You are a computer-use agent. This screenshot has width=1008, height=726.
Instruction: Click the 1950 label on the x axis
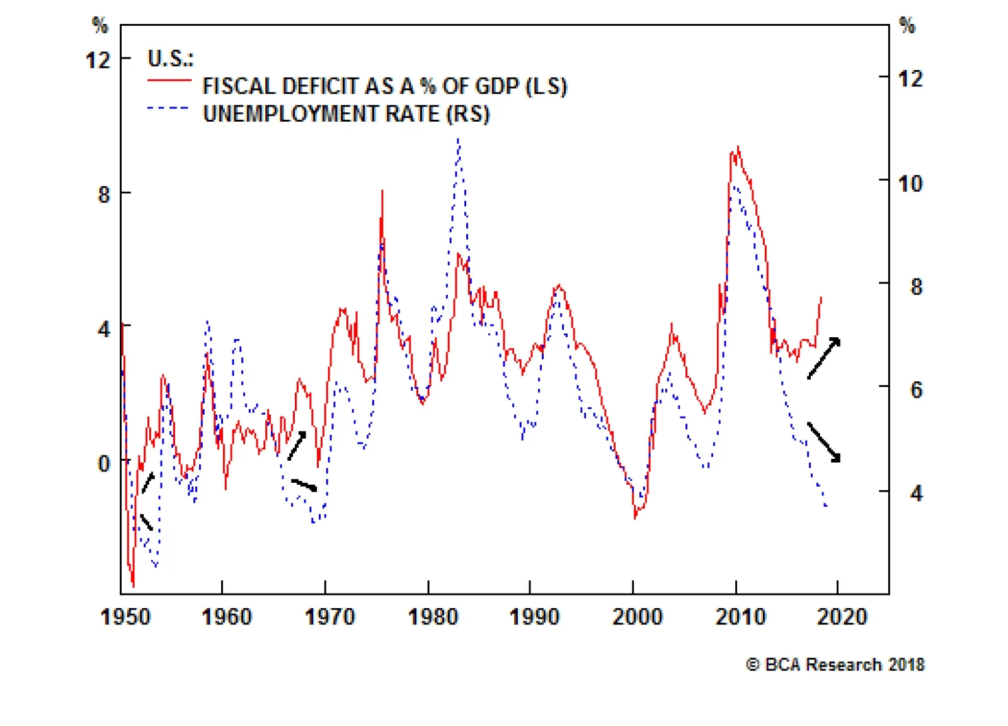click(125, 616)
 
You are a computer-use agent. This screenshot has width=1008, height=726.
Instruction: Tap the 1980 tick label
click(433, 616)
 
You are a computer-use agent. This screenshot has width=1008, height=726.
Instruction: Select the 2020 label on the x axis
click(842, 616)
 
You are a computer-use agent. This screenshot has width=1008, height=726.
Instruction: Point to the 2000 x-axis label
click(637, 616)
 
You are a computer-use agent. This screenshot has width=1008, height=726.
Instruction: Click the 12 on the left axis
click(98, 60)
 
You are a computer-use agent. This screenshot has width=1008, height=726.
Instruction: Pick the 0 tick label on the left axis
click(104, 464)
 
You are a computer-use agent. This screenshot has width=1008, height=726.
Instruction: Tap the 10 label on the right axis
click(910, 184)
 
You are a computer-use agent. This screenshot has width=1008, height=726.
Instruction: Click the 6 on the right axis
click(916, 390)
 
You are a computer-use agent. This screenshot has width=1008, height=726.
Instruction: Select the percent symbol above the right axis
click(907, 26)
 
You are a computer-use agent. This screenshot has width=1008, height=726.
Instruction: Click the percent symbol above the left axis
click(100, 26)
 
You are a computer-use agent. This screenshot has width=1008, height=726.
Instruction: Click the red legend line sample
click(169, 81)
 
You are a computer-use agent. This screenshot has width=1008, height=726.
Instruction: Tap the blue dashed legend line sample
click(168, 108)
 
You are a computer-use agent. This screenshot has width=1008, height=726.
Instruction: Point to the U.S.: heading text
click(170, 59)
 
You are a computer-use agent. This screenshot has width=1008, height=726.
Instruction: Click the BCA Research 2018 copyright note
click(835, 665)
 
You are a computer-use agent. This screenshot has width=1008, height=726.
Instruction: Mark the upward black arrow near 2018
click(824, 358)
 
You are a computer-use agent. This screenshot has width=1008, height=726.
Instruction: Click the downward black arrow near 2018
click(824, 442)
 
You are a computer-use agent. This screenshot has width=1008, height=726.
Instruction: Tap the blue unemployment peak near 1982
click(459, 142)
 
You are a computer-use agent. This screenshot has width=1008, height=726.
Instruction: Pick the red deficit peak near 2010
click(737, 149)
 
